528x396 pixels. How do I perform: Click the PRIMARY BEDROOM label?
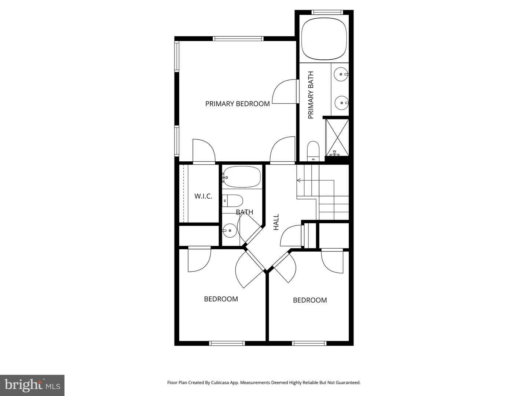[x=237, y=104]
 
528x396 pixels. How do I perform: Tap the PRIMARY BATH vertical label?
[x=311, y=95]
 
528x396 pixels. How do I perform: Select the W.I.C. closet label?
[x=203, y=196]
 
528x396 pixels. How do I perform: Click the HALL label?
[x=276, y=222]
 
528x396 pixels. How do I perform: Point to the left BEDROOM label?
[x=221, y=299]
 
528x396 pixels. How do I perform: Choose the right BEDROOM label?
[x=310, y=300]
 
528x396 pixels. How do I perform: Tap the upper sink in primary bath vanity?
[x=341, y=74]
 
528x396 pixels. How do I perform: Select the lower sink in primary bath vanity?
[x=342, y=103]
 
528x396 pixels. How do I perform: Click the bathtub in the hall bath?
[x=242, y=177]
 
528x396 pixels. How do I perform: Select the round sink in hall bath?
[x=230, y=231]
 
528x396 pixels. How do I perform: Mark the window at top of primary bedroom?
[x=238, y=38]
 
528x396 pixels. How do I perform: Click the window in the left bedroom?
[x=227, y=344]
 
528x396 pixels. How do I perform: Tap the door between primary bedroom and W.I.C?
[x=203, y=152]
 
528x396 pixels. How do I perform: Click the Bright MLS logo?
[x=32, y=385]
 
